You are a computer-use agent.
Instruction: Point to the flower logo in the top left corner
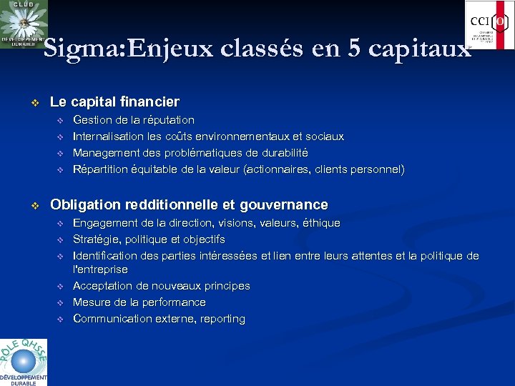tap(24, 24)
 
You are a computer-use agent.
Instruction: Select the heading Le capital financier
tap(114, 102)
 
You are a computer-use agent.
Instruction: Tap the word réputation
tap(167, 120)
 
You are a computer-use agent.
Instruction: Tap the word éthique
tap(320, 223)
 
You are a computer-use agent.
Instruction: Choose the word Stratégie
tap(97, 239)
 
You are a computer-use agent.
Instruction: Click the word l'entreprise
tap(100, 269)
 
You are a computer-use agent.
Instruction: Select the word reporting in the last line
tap(222, 319)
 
